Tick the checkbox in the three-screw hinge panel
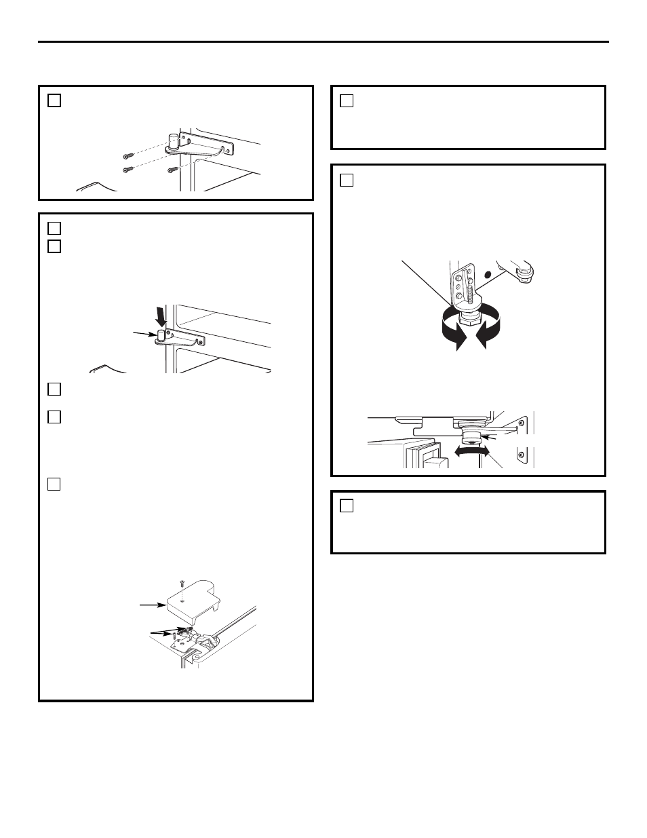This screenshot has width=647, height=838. (54, 101)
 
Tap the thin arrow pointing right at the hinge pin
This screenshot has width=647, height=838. (146, 333)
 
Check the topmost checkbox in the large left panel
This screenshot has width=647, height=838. (54, 228)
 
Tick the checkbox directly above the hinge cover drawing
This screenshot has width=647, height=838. (54, 484)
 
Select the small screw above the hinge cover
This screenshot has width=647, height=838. (182, 584)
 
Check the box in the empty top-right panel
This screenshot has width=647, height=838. (347, 101)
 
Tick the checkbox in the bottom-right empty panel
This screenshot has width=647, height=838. (347, 506)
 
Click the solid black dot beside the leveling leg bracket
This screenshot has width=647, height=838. (486, 275)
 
